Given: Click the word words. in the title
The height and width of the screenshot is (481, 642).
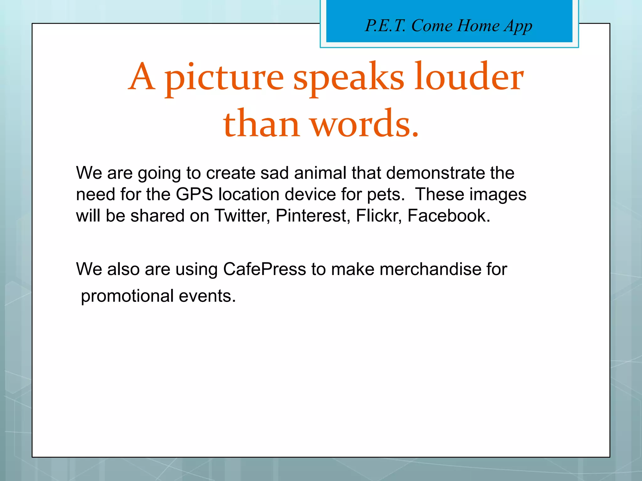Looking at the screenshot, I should pos(365,124).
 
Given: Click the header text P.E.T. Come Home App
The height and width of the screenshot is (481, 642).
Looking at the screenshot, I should pos(449,26).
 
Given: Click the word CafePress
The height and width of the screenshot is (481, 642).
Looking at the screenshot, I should pos(264,269).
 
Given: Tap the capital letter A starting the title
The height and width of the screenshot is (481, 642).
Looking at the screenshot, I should pos(142,77).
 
